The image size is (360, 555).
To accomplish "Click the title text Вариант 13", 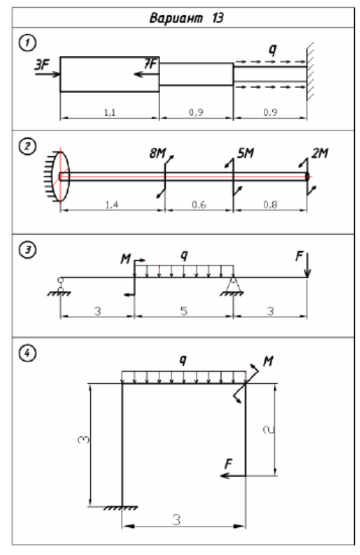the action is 186,17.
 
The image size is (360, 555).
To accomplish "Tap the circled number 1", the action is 27,43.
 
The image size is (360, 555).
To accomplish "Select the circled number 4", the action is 27,353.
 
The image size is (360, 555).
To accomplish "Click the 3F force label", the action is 42,65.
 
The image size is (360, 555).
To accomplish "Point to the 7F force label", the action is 150,64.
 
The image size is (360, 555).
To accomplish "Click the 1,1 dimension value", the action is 110,112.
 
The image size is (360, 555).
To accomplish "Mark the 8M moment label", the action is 157,153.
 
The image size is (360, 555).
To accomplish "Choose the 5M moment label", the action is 246,153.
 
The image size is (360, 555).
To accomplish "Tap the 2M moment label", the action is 320,153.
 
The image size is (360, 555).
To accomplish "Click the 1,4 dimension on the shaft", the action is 112,204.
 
